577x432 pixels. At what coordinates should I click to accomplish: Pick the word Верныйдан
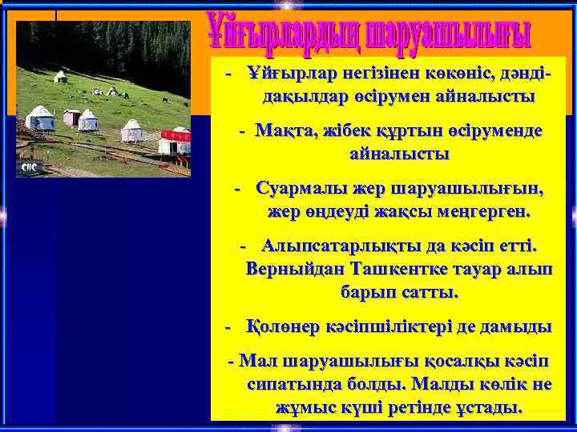tap(293, 269)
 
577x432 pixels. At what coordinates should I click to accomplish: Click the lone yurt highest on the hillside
tap(60, 77)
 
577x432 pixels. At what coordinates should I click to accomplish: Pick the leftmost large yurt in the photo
tap(39, 119)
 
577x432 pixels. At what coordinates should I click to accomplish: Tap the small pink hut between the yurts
tap(72, 117)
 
